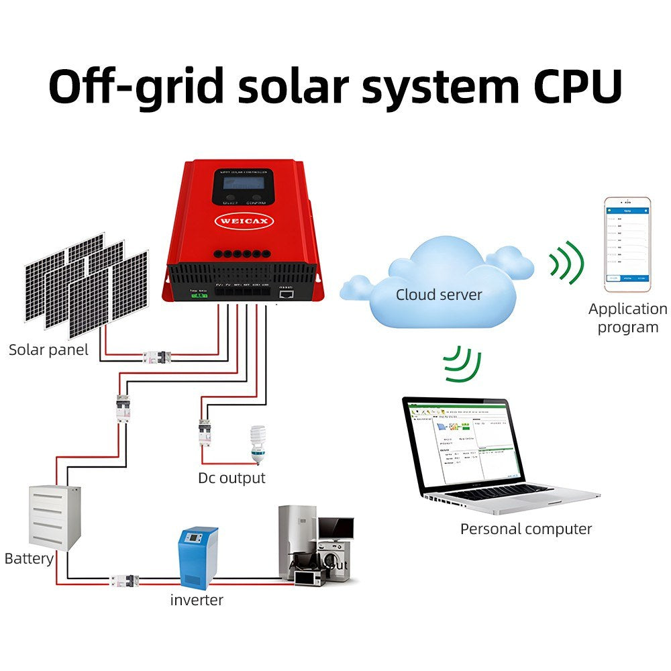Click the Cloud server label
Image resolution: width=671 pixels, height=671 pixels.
[x=439, y=294]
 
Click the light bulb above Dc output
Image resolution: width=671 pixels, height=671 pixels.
[x=256, y=443]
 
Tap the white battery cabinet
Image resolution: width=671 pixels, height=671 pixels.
[x=54, y=515]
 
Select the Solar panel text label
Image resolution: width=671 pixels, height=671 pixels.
[x=48, y=350]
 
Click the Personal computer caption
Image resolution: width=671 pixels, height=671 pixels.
[x=526, y=529]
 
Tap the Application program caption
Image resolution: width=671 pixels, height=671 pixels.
[x=627, y=318]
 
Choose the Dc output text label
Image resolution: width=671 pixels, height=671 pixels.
[x=231, y=478]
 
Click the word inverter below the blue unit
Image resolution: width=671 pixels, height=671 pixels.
[x=197, y=599]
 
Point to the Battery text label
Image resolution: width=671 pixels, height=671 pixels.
[x=29, y=558]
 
